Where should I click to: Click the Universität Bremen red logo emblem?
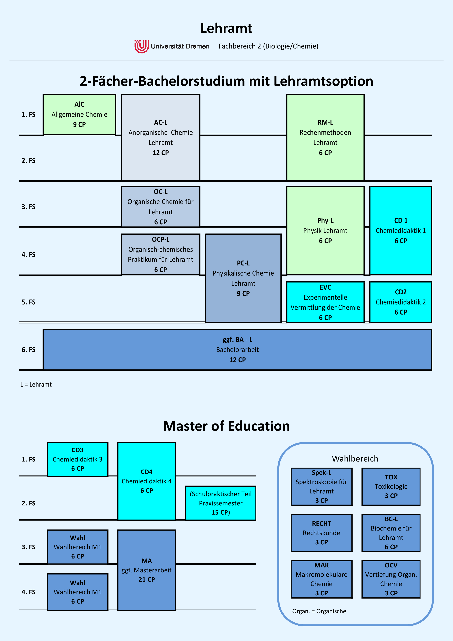141,46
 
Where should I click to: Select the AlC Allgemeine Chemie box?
79,114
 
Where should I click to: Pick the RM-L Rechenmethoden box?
325,138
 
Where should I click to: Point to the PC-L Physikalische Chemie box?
243,278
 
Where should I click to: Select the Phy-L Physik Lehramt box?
325,231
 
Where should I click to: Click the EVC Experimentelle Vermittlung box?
325,302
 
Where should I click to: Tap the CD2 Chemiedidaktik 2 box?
401,302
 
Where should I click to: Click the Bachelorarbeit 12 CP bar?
237,350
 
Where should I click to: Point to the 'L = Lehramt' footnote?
36,384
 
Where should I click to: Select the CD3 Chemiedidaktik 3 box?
78,459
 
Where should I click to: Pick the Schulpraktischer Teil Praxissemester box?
221,503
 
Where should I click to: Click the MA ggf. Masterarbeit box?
147,570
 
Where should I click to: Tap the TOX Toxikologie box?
391,487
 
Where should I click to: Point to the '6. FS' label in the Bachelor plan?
29,350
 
